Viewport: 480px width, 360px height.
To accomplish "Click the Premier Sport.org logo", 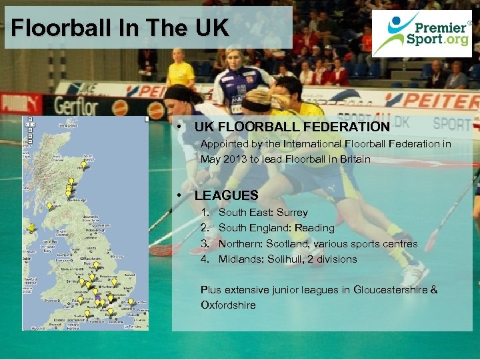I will tap(425, 33).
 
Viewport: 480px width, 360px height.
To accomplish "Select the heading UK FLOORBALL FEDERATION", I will tap(292, 127).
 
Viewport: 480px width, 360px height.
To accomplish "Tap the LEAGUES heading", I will tap(226, 195).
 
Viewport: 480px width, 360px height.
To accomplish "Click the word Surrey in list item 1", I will tap(292, 213).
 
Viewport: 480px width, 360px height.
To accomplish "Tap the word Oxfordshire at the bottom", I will tap(228, 305).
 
